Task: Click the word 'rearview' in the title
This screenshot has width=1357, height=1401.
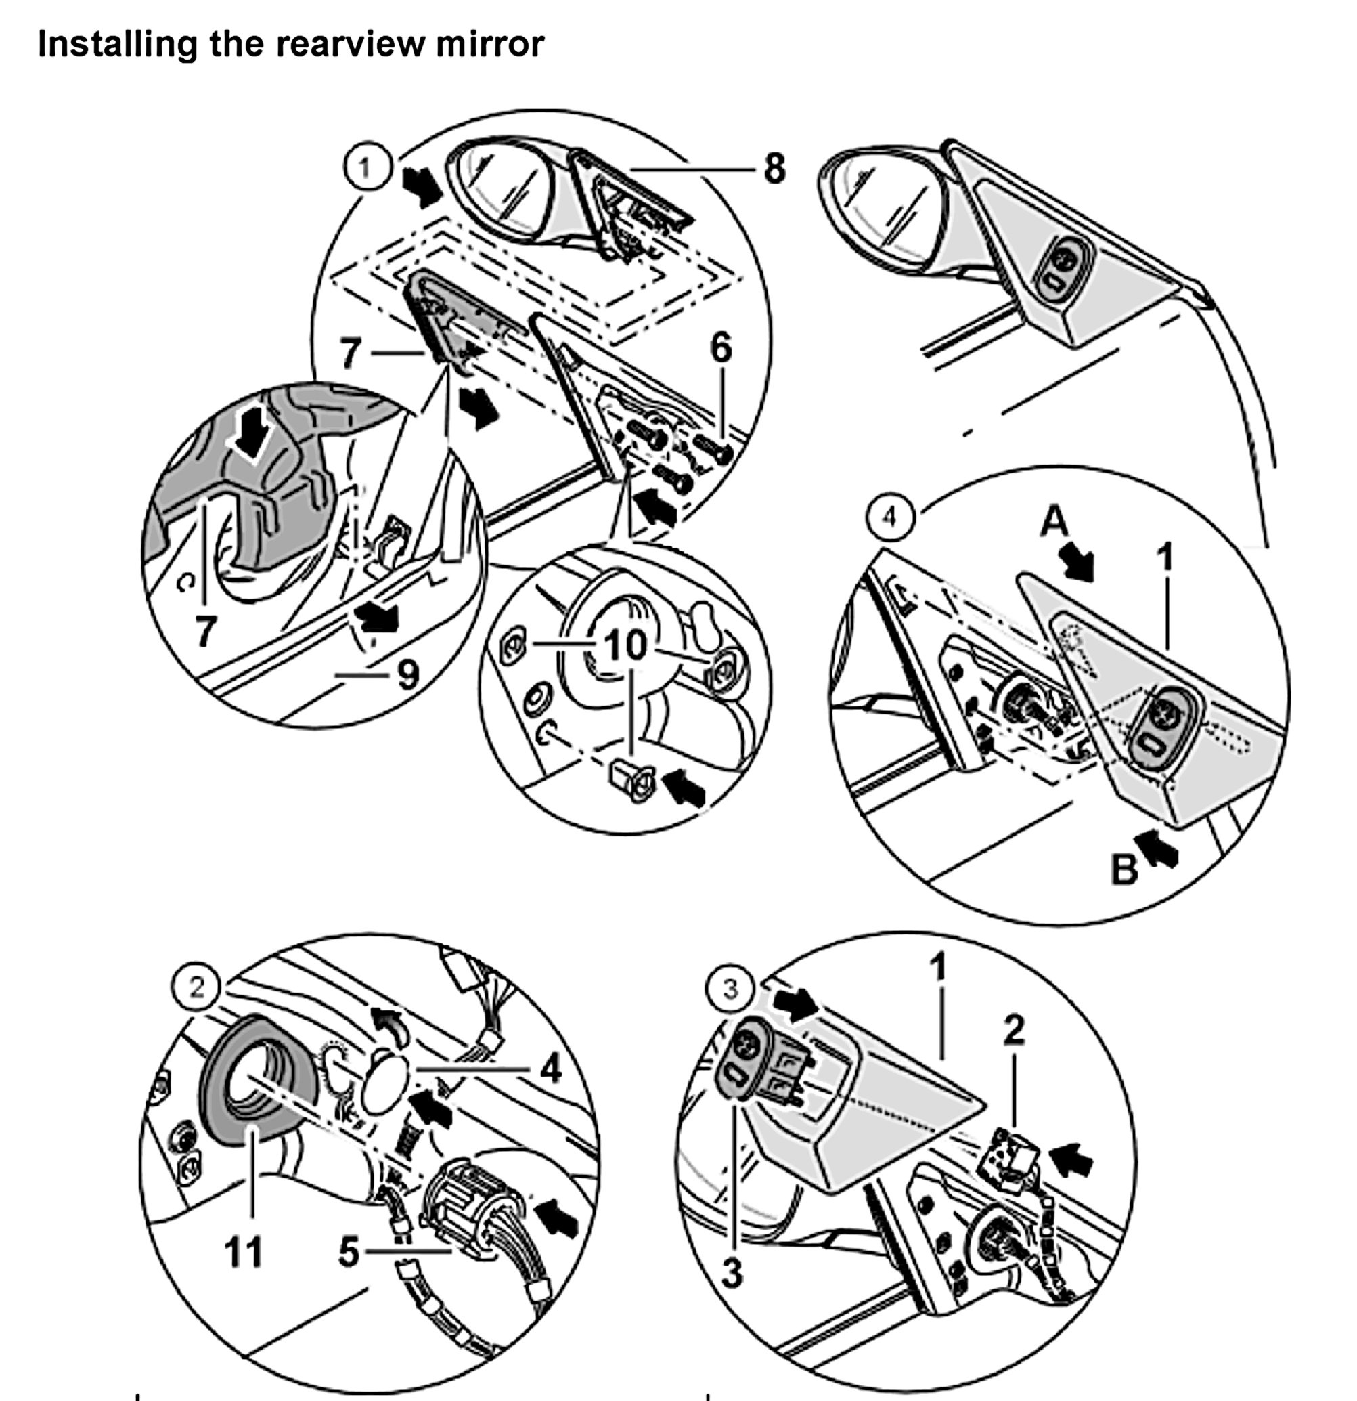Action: click(350, 44)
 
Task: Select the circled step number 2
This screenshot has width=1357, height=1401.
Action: click(196, 987)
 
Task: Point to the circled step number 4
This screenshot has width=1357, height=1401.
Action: click(889, 516)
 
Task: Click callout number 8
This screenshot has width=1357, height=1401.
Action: click(774, 169)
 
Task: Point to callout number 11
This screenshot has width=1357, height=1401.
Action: click(244, 1251)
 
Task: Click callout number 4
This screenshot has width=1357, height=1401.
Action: click(550, 1070)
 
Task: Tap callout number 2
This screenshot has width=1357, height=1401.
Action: click(1013, 1030)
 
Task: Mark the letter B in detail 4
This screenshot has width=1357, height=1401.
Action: click(1124, 870)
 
